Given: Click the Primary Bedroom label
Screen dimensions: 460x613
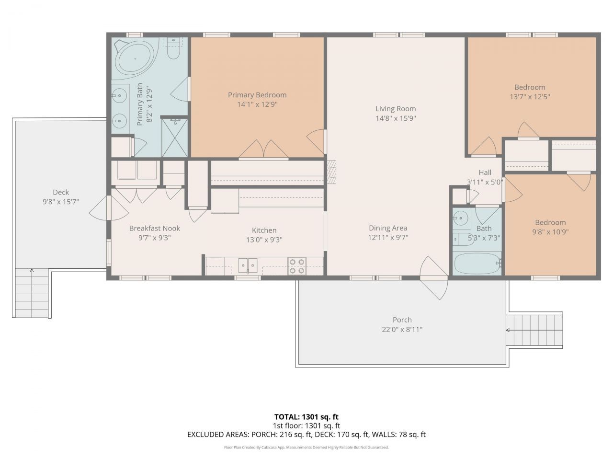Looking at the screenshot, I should pyautogui.click(x=257, y=95).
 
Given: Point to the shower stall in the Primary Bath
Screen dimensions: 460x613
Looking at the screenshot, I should pyautogui.click(x=174, y=138).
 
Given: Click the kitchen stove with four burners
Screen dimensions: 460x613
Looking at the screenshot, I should pyautogui.click(x=296, y=266).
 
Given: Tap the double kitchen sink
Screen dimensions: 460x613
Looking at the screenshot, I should pyautogui.click(x=248, y=265).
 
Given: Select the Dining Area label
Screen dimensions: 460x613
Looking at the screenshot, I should pyautogui.click(x=388, y=228).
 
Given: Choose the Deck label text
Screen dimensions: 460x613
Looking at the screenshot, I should pyautogui.click(x=61, y=192).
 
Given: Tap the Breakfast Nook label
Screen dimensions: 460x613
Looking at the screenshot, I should pyautogui.click(x=154, y=228).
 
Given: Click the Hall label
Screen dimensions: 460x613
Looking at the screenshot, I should pyautogui.click(x=485, y=172).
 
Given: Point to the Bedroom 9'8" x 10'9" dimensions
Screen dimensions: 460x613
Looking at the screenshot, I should pyautogui.click(x=551, y=232).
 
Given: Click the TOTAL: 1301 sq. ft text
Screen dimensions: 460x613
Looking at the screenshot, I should pyautogui.click(x=306, y=416).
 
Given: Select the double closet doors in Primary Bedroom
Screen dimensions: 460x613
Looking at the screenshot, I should pyautogui.click(x=263, y=149).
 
